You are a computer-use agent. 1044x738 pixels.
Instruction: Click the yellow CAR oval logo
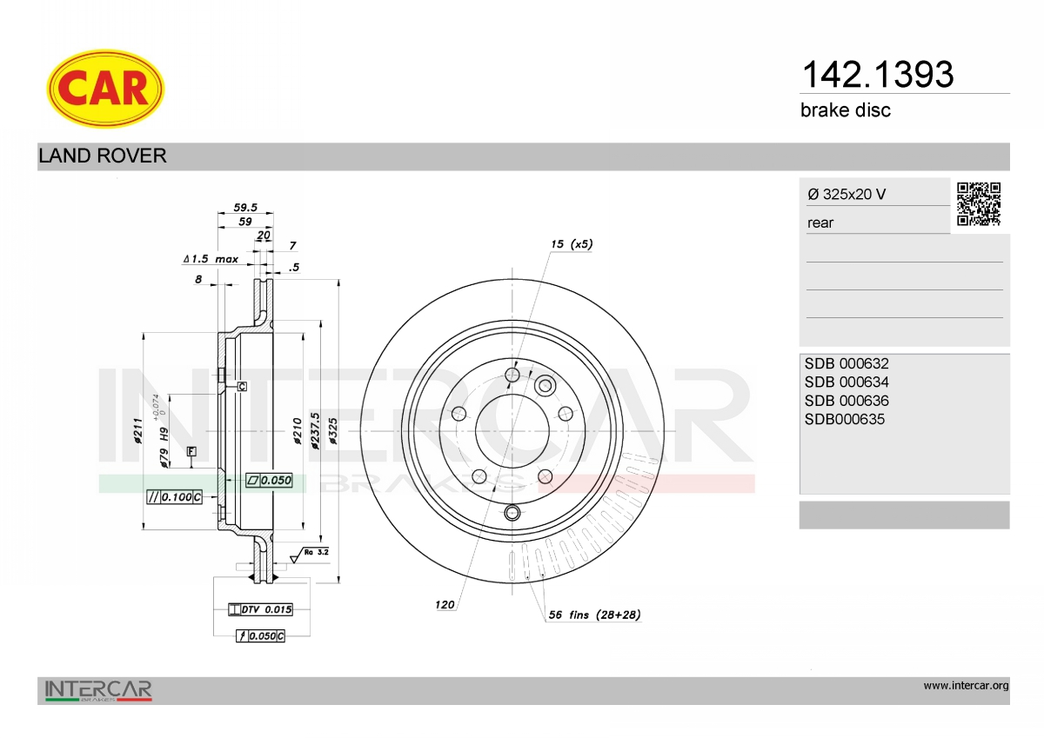tap(105, 89)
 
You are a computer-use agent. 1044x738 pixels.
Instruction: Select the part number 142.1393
tap(878, 75)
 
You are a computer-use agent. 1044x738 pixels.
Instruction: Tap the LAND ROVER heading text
tap(102, 156)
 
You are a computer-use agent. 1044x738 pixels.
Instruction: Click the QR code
tap(979, 204)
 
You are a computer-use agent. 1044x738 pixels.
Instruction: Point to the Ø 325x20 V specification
tap(847, 194)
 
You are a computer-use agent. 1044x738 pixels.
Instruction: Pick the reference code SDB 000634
tap(847, 382)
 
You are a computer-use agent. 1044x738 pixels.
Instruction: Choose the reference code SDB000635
tap(844, 419)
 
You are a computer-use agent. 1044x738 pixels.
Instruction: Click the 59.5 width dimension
tap(245, 207)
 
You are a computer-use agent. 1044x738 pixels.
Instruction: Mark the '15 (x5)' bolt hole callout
tap(572, 244)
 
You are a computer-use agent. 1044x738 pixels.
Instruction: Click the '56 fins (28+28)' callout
tap(594, 615)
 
